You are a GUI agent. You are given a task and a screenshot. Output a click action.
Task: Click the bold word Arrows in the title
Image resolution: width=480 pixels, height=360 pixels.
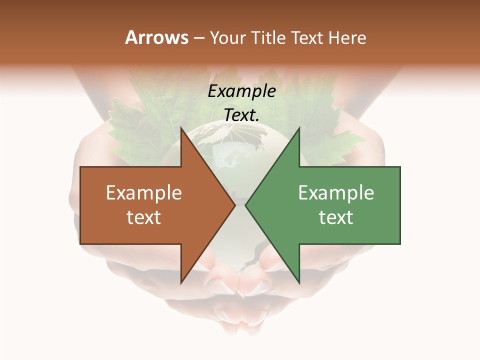(156, 37)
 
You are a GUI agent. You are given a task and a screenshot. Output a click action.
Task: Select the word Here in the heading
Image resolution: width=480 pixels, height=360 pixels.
(347, 38)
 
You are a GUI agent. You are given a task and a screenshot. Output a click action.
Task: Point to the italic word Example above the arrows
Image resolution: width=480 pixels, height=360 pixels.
(241, 91)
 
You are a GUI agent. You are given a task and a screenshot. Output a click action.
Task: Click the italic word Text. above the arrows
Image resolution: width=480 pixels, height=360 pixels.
(241, 115)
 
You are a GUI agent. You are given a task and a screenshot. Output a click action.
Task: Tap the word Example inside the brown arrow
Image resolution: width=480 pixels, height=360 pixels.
(144, 193)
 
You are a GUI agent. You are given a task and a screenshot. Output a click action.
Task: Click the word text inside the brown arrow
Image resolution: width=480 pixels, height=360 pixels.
(144, 217)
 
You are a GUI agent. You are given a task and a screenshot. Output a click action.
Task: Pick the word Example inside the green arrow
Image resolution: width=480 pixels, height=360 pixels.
(336, 193)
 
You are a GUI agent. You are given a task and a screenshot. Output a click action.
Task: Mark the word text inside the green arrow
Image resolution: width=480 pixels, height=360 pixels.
(336, 217)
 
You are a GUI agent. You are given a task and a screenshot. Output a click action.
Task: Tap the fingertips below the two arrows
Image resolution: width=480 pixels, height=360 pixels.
(240, 285)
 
